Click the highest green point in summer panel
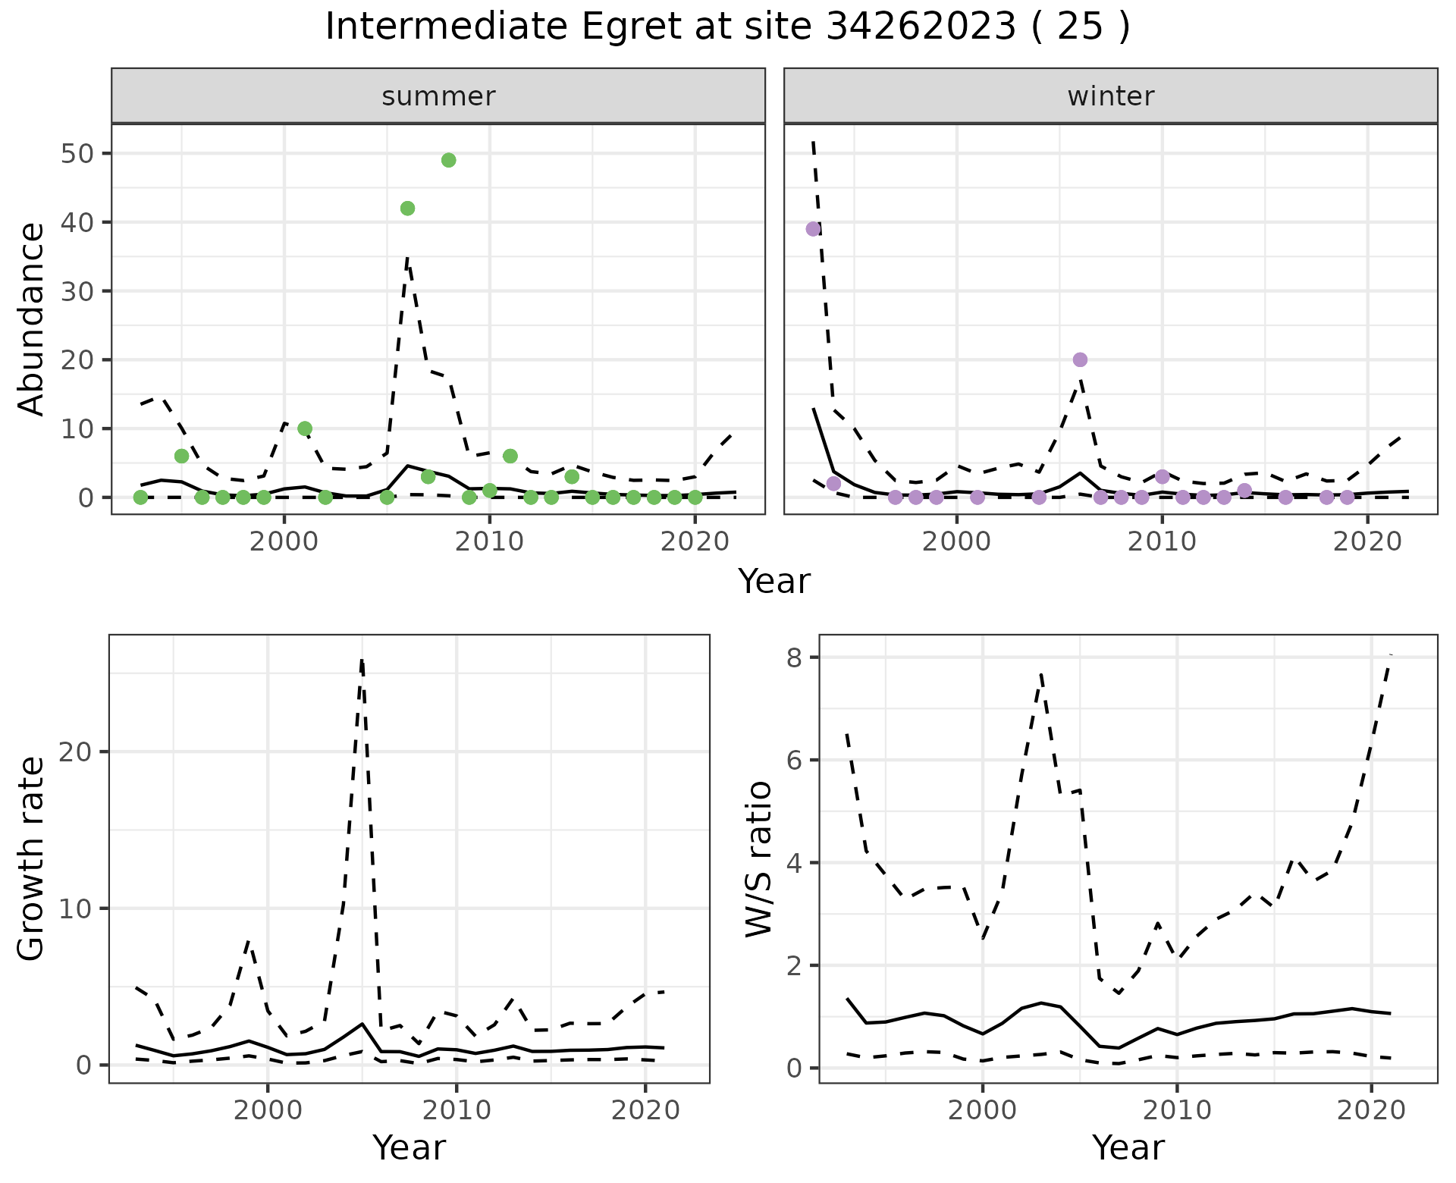point(448,160)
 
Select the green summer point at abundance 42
point(407,209)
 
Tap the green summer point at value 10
point(305,428)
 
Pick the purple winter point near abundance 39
point(813,229)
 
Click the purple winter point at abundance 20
point(1080,359)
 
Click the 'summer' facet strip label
point(438,96)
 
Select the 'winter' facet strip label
point(1110,96)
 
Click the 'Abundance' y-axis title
point(32,318)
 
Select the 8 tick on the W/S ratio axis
point(794,657)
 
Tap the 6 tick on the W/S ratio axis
point(794,761)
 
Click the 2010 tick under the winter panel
point(1161,542)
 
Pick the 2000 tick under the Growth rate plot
point(267,1111)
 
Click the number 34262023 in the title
point(921,27)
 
